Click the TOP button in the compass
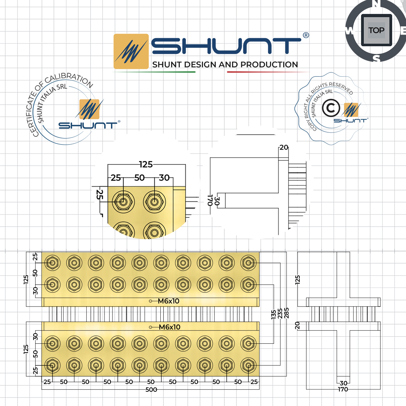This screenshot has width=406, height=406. (x=376, y=30)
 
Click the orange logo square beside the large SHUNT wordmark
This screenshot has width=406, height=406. (x=131, y=51)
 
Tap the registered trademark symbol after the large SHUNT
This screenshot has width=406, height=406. (x=306, y=35)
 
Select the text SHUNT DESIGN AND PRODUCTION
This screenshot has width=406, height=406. (x=225, y=65)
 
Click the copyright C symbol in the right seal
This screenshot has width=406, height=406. (x=331, y=108)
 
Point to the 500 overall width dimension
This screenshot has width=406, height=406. (x=151, y=390)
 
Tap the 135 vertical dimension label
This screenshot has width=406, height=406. (x=273, y=315)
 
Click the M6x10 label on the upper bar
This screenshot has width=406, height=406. (x=168, y=301)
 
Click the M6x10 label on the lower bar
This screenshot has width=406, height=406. (x=170, y=327)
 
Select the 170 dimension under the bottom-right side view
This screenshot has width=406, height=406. (x=343, y=389)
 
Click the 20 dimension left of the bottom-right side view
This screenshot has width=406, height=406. (x=297, y=325)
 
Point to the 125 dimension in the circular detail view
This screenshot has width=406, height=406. (x=146, y=164)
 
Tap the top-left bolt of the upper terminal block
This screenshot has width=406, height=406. (x=52, y=263)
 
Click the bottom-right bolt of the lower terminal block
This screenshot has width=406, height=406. (x=249, y=366)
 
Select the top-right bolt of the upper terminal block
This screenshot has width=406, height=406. (x=249, y=263)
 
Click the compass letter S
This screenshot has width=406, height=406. (x=376, y=59)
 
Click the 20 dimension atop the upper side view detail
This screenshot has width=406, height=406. (x=284, y=148)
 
